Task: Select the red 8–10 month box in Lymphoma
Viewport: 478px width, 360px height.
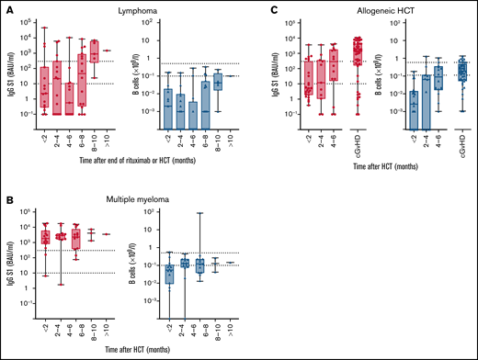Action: pyautogui.click(x=94, y=51)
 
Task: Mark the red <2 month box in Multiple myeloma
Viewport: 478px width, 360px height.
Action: pyautogui.click(x=45, y=237)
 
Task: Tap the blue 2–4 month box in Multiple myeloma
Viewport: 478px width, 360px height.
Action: pyautogui.click(x=184, y=263)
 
